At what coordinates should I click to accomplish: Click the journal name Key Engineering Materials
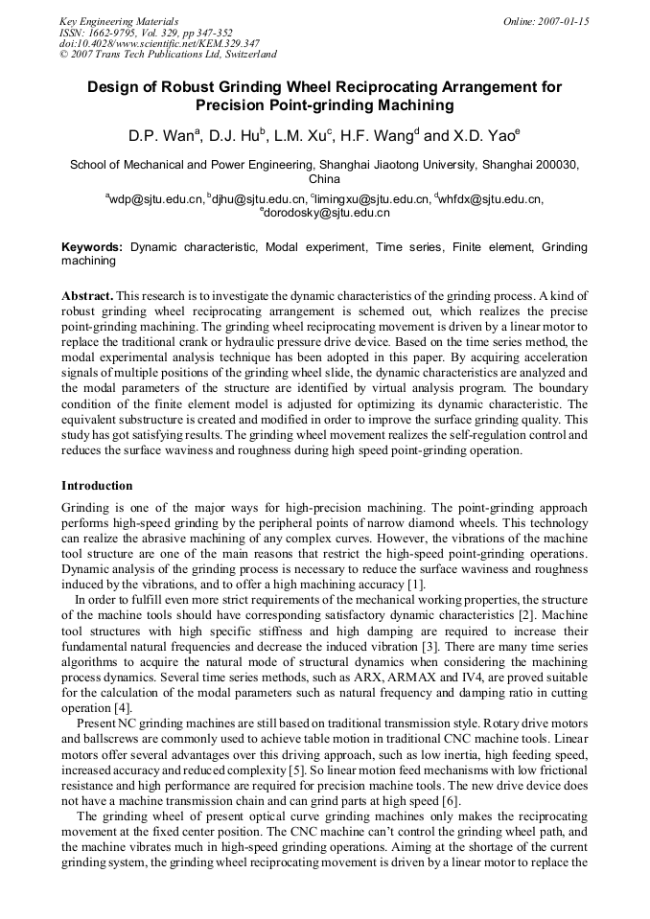(x=119, y=20)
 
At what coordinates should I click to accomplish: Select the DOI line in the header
(x=159, y=43)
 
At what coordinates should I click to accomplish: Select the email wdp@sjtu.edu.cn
(x=156, y=199)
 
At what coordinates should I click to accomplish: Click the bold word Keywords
(x=92, y=247)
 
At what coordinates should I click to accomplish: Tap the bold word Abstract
(x=87, y=295)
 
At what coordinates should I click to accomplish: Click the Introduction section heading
(x=97, y=486)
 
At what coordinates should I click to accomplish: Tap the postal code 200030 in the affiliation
(x=556, y=165)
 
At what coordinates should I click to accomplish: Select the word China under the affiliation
(x=324, y=179)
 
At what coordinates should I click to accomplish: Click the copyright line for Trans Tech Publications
(x=168, y=55)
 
